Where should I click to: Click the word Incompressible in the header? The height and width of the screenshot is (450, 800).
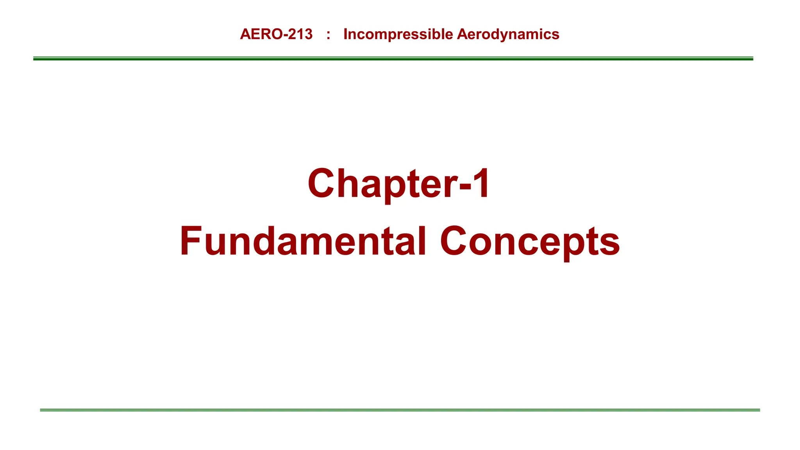398,34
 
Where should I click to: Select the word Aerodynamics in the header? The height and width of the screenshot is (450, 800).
508,34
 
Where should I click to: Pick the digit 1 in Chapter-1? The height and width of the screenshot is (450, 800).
481,183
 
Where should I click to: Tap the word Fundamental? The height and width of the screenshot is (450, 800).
303,241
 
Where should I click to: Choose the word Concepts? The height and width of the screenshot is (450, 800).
530,241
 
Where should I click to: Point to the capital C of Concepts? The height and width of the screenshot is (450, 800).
455,241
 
